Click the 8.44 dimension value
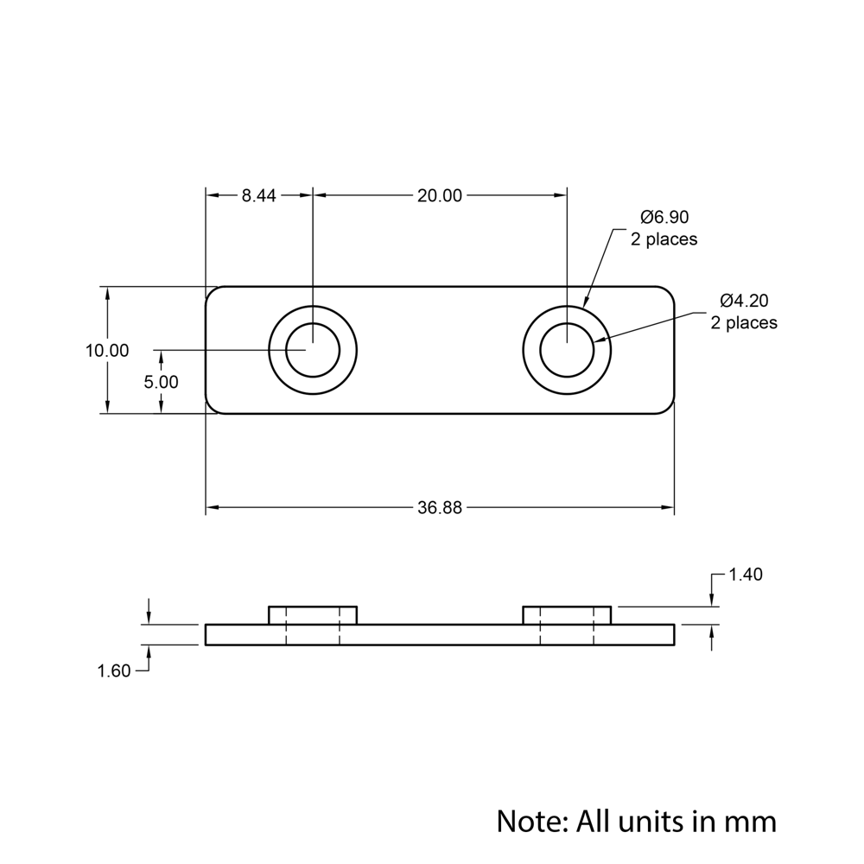pos(258,196)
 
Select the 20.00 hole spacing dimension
pos(440,196)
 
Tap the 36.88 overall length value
pos(440,508)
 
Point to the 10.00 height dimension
pos(107,351)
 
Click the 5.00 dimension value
pos(162,382)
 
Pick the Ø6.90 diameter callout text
pos(664,217)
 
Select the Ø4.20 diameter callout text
pos(744,301)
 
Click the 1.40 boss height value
pos(746,575)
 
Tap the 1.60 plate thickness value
pos(114,671)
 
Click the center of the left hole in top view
pos(313,350)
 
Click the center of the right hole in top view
pos(567,350)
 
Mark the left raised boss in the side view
pos(313,615)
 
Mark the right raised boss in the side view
pos(567,615)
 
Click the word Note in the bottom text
pos(527,820)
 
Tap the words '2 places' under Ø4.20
pos(744,323)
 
